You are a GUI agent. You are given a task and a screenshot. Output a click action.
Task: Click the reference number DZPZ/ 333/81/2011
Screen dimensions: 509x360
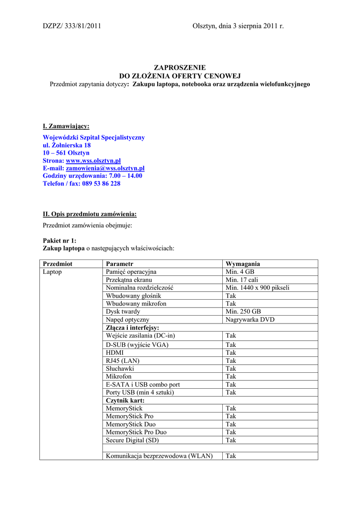pos(72,26)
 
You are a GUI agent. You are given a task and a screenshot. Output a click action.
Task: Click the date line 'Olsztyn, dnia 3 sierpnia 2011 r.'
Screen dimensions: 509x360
pos(238,26)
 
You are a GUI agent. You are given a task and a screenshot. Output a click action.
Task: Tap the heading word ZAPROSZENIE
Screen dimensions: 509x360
pos(180,68)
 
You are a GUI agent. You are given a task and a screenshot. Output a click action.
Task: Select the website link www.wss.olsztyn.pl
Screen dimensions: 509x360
pos(93,161)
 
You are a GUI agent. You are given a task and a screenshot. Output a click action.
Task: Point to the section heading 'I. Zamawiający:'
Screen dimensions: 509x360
pos(66,126)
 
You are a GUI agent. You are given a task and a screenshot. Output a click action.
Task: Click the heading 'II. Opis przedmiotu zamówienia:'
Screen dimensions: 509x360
pos(90,214)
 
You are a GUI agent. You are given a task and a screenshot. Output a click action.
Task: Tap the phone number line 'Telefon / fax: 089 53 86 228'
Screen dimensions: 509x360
pos(82,183)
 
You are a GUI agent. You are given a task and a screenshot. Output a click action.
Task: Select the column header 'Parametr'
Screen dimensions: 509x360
pos(120,264)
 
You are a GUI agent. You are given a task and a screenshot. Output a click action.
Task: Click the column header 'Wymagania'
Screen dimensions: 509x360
pos(243,264)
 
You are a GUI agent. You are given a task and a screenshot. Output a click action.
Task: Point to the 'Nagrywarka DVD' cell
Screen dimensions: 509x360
pos(250,320)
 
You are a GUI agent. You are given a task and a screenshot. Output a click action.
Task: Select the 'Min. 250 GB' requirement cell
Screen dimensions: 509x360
pos(243,312)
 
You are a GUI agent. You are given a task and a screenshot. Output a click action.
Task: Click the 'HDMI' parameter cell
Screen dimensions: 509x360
pos(115,352)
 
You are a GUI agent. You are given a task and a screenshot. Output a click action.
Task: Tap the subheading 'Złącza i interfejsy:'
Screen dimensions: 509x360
pos(132,328)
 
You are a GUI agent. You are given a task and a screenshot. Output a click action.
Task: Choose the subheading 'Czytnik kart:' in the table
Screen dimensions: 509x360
pos(124,400)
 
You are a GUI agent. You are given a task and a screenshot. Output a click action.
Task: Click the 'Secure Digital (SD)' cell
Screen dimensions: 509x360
pos(132,440)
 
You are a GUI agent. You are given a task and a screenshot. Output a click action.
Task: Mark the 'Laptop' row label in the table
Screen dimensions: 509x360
pos(52,272)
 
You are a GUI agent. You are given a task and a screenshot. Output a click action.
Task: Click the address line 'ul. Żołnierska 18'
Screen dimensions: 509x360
pos(67,145)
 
